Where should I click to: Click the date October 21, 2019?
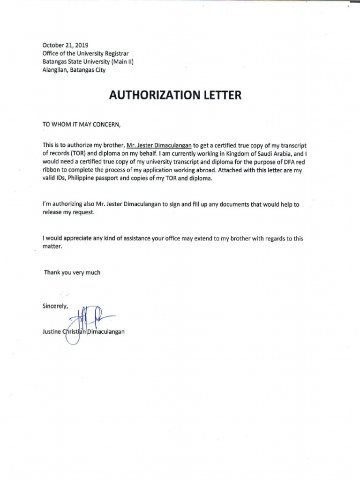click(x=62, y=45)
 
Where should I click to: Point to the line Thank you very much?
click(x=72, y=272)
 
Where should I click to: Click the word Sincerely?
click(x=55, y=306)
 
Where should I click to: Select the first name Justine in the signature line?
click(x=52, y=332)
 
